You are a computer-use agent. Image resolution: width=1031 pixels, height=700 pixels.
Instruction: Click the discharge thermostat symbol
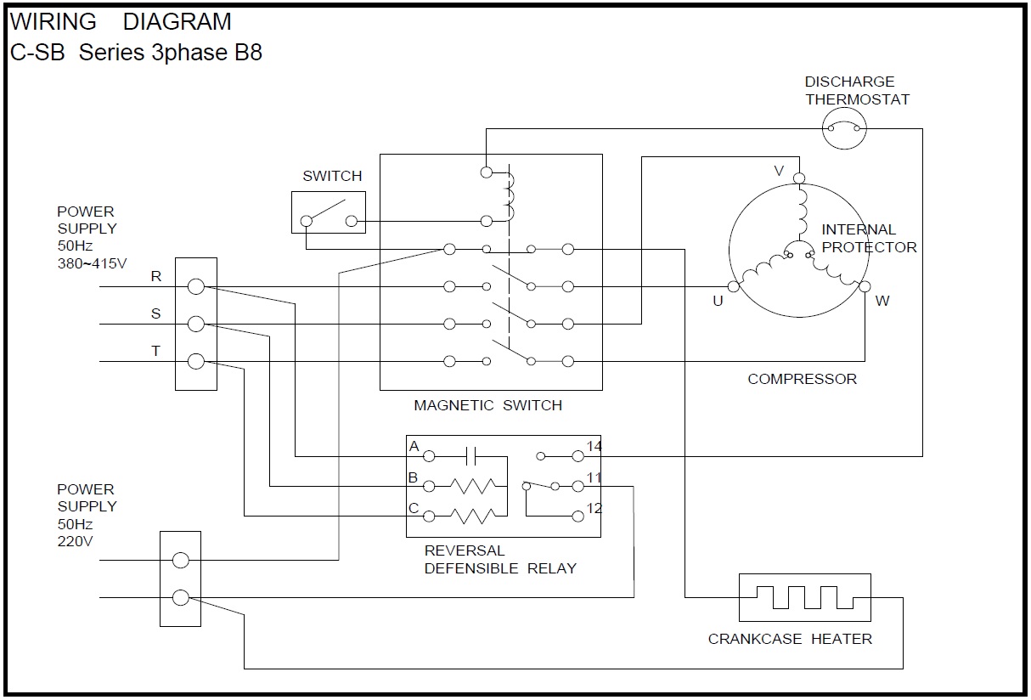pos(844,129)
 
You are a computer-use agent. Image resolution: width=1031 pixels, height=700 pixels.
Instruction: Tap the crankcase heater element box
pos(804,597)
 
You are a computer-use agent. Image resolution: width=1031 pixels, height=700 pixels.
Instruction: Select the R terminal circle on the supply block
pos(195,287)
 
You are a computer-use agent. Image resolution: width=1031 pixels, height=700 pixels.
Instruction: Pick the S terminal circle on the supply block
pos(195,324)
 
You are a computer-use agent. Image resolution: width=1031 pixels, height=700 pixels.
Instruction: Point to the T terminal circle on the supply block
pos(195,362)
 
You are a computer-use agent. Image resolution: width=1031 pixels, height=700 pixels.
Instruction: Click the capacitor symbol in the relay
pos(473,456)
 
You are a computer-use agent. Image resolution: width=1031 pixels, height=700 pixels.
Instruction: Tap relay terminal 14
pos(577,456)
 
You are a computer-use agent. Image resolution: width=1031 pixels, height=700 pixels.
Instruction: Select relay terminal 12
pos(577,516)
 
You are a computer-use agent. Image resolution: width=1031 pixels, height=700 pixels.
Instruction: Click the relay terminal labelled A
pos(429,456)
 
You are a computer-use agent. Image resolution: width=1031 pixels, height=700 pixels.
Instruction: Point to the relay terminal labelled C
pos(429,516)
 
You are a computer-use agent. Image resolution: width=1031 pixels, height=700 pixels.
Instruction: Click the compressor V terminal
pos(798,178)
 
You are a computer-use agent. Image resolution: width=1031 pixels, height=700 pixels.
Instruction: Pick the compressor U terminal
pos(734,287)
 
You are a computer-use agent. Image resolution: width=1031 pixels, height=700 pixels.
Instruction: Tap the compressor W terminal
pos(865,287)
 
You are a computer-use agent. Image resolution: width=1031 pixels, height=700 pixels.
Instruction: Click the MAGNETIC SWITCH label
pos(487,405)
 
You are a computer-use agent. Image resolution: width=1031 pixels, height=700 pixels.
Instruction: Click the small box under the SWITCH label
pos(329,212)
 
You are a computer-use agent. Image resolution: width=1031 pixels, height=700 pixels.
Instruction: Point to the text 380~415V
pos(92,263)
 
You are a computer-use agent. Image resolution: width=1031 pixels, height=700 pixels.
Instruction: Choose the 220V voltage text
pos(75,540)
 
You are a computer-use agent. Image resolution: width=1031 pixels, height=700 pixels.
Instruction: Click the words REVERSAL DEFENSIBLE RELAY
pos(499,560)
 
